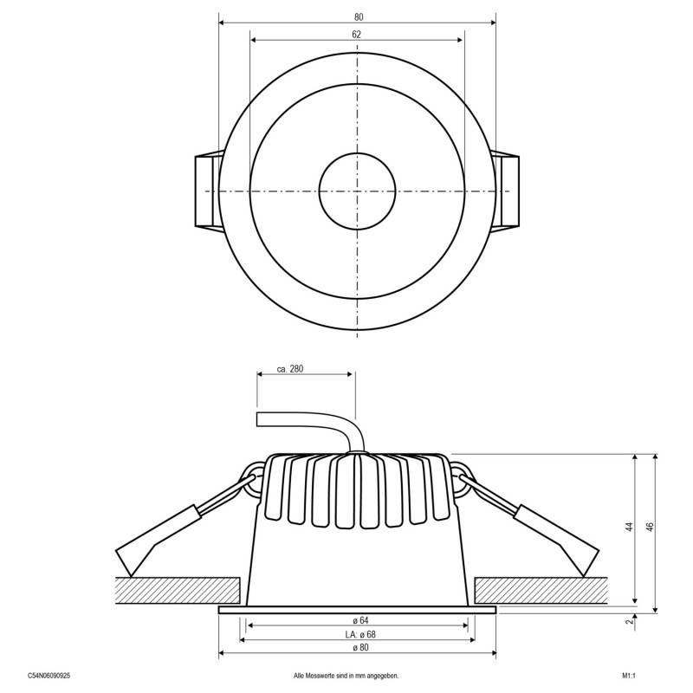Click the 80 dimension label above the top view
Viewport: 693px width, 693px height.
pos(358,17)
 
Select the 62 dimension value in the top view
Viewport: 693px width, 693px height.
pos(357,35)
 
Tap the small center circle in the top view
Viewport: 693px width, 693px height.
pos(357,190)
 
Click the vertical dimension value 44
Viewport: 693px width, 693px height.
pos(629,526)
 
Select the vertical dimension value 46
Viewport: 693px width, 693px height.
pos(649,526)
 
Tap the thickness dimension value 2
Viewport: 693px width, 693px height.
pos(630,621)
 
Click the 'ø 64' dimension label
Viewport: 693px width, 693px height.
pos(357,621)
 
